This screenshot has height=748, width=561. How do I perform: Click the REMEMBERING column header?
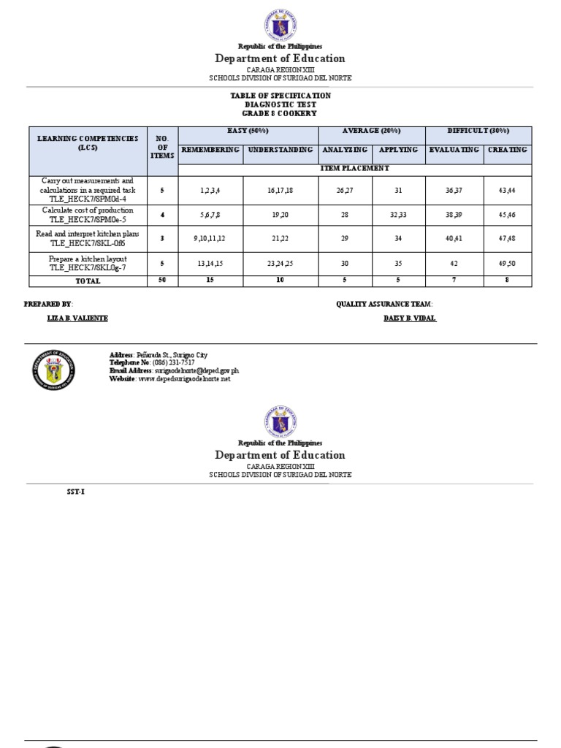click(210, 150)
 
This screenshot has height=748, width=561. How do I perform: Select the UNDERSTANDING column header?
click(280, 150)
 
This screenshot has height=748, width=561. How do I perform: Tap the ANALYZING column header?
click(345, 150)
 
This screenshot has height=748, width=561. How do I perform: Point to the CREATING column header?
click(507, 150)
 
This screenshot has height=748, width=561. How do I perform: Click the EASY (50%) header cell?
click(248, 131)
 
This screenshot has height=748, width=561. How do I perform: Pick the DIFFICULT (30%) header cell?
click(478, 131)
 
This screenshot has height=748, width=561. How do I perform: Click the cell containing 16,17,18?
click(280, 190)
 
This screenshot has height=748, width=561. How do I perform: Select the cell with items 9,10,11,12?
click(210, 239)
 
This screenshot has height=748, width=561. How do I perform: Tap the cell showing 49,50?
click(507, 263)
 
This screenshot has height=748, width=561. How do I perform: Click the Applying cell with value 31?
click(398, 190)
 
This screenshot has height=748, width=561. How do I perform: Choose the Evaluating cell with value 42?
click(453, 263)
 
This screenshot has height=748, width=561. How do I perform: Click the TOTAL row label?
click(87, 281)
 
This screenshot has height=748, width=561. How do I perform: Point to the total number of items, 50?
click(162, 281)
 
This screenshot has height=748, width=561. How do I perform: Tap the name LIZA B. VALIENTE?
click(77, 318)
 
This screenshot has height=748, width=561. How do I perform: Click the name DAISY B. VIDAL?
click(410, 318)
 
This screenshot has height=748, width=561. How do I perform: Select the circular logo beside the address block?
click(53, 370)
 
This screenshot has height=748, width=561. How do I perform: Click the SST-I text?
click(75, 491)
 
